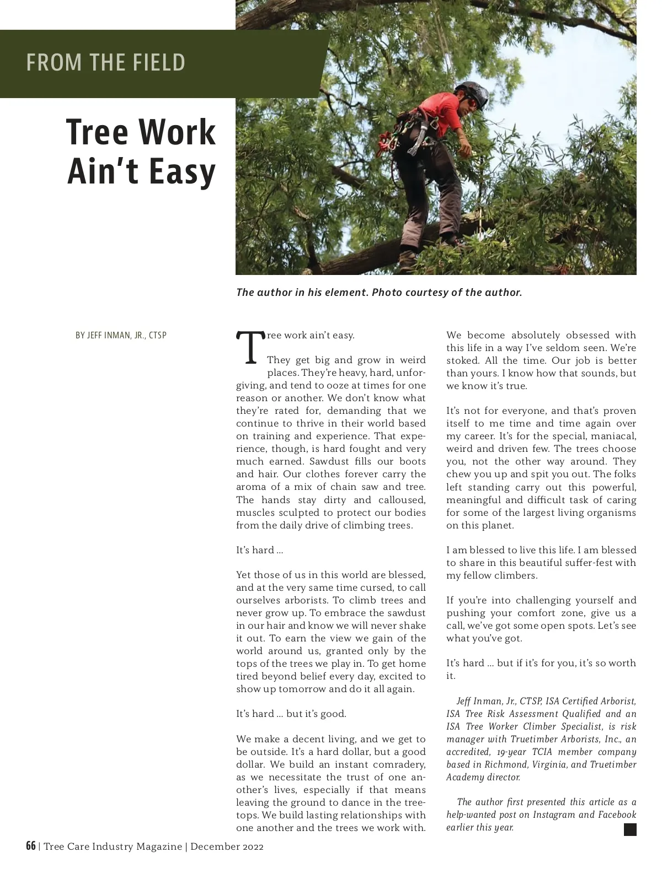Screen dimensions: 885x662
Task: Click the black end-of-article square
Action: (x=630, y=829)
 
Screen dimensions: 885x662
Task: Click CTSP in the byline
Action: (x=158, y=335)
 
